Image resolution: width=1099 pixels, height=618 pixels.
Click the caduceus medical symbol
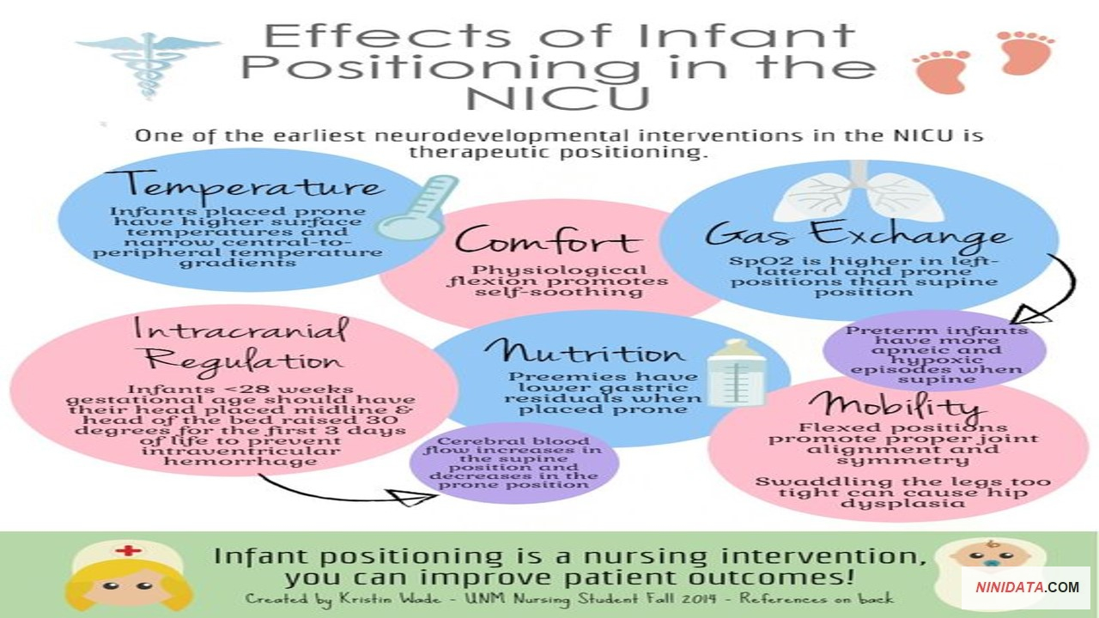click(147, 64)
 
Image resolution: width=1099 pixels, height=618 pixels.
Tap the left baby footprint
click(941, 71)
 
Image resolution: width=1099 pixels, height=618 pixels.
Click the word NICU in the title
click(558, 98)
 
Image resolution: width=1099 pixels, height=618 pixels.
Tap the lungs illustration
click(859, 194)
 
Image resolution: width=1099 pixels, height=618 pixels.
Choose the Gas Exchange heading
click(859, 234)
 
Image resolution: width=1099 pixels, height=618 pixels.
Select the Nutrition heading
click(584, 352)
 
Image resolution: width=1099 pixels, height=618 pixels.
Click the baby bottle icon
click(736, 373)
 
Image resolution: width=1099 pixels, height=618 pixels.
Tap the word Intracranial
click(241, 329)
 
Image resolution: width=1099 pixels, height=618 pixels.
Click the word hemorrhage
click(240, 462)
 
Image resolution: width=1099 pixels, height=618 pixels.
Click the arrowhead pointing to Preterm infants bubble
click(1030, 314)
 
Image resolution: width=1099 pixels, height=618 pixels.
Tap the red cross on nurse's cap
click(129, 550)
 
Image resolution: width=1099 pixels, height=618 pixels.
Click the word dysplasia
click(902, 504)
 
